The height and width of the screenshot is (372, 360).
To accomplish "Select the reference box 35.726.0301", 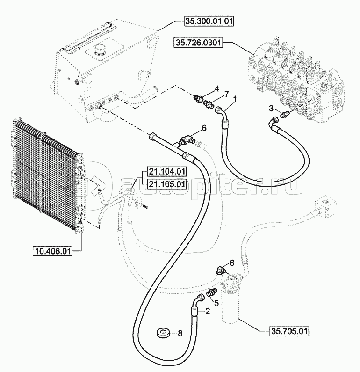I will [x=198, y=43].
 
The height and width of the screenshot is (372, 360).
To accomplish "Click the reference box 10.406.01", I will [x=52, y=252].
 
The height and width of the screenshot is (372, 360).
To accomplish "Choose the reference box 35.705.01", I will [x=289, y=332].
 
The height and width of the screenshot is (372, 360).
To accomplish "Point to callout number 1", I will [x=235, y=98].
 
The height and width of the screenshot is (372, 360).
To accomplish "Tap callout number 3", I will [x=271, y=109].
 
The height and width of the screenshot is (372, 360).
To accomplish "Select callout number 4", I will [x=217, y=88].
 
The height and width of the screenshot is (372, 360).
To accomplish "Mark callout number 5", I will [x=216, y=302].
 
